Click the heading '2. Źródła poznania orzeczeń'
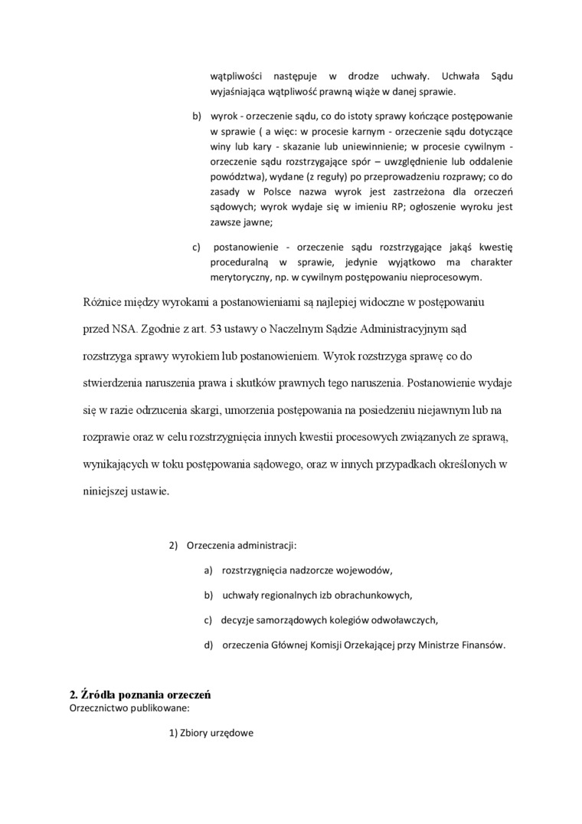(x=140, y=694)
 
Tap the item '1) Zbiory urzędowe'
(x=211, y=733)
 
